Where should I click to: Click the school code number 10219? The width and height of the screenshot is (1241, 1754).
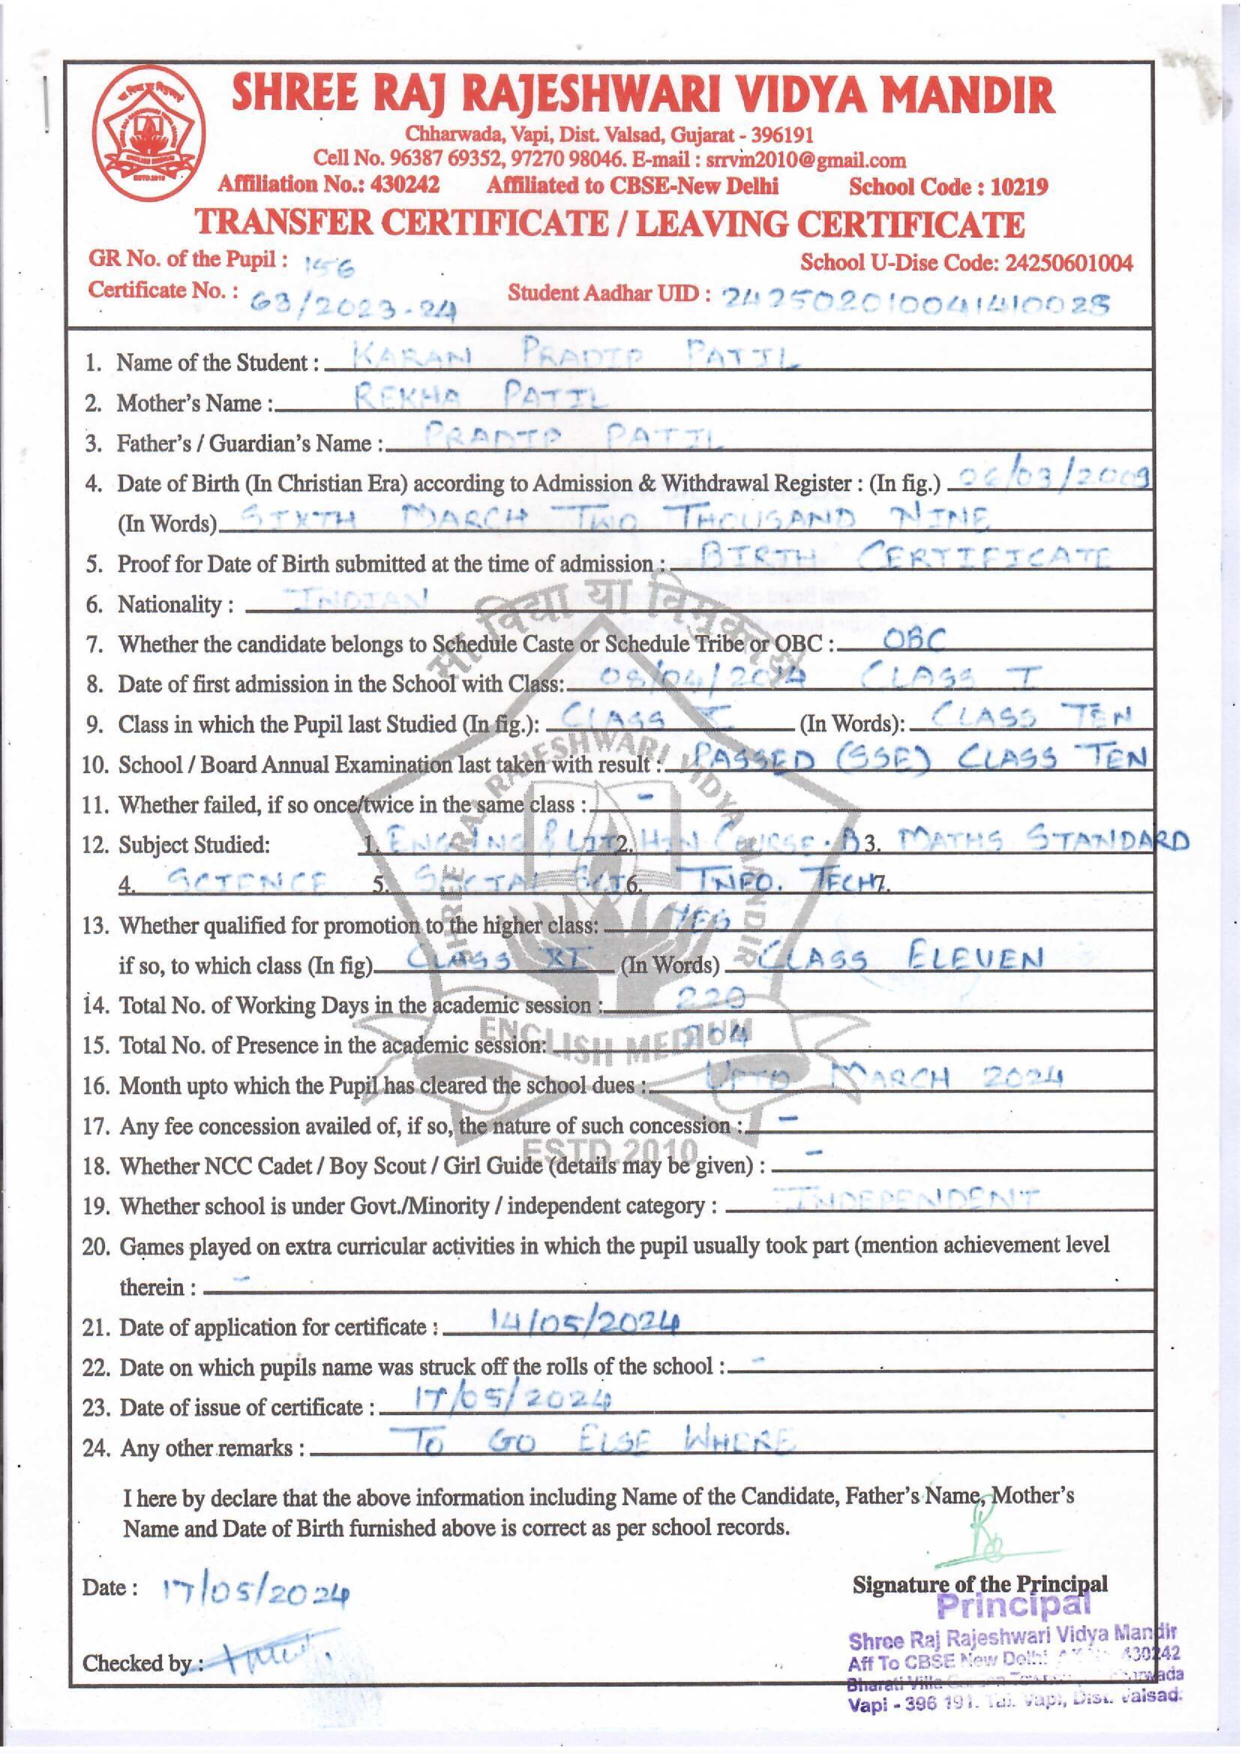coord(1018,187)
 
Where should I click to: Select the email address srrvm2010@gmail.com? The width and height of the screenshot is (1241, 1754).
coord(806,160)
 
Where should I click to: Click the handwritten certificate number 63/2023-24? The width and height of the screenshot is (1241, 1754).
coord(354,305)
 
